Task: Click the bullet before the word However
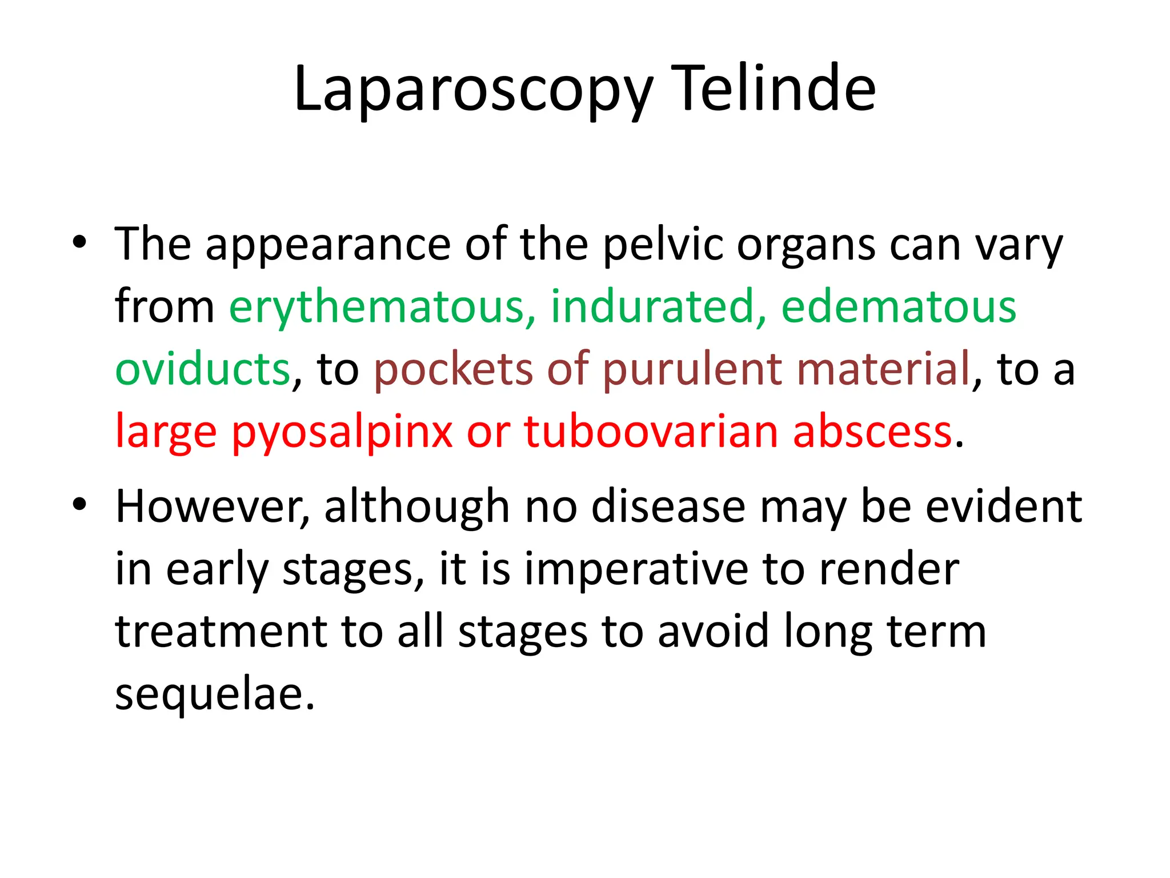point(79,504)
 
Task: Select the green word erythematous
point(382,307)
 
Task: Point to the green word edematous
point(899,307)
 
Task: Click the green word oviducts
point(203,369)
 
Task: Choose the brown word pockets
point(453,369)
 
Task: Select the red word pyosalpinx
point(342,432)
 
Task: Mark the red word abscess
point(872,431)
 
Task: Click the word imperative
point(636,570)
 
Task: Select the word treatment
point(221,632)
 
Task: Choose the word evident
point(1003,506)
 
